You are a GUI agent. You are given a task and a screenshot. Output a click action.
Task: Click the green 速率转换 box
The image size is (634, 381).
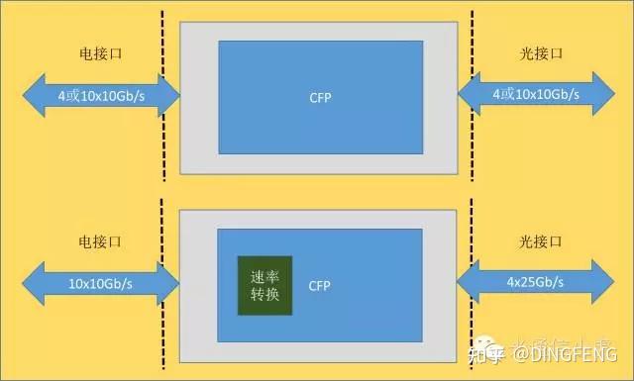[265, 286]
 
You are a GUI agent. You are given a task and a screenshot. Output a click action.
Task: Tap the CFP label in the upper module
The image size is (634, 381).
[320, 97]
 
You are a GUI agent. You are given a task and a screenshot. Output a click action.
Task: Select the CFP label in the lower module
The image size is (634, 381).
[319, 286]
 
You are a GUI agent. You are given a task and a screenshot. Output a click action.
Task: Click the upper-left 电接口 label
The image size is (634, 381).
[100, 53]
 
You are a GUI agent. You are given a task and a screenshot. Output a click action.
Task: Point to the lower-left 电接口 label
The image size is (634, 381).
[100, 240]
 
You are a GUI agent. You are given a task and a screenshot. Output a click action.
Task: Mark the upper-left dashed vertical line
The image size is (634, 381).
[162, 96]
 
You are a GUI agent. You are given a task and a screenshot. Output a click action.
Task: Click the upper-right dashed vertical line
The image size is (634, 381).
[472, 96]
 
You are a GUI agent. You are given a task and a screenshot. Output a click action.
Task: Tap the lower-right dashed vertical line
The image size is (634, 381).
[473, 287]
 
